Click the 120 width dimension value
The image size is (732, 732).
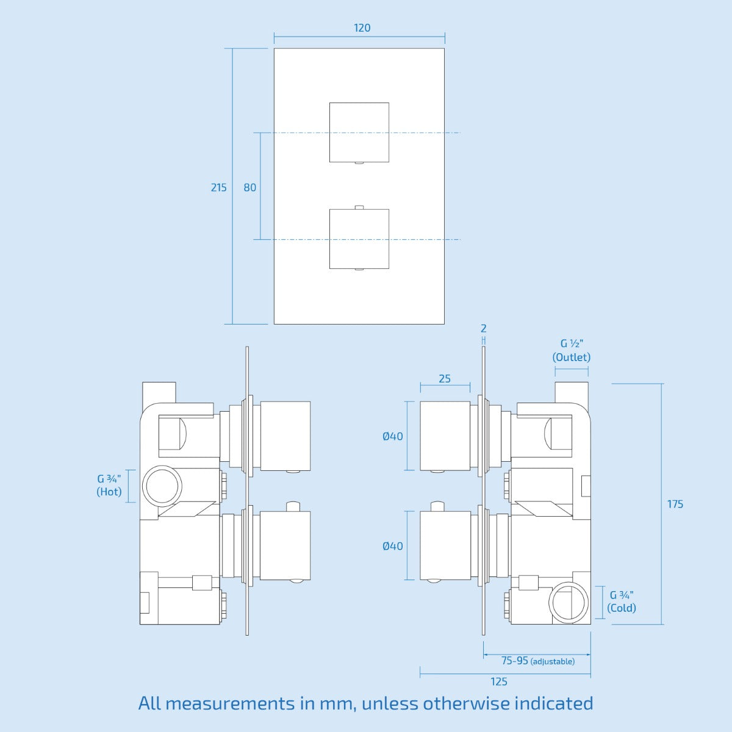(x=362, y=28)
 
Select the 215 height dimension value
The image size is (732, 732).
(x=218, y=187)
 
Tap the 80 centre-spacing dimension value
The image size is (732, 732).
(x=250, y=187)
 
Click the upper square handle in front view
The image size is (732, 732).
(x=359, y=132)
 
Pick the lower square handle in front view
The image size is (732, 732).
(x=359, y=239)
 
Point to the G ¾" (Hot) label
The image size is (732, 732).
(x=109, y=485)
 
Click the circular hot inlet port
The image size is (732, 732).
(x=162, y=486)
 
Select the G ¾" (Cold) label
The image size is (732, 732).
(x=622, y=601)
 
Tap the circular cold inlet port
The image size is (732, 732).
(x=570, y=602)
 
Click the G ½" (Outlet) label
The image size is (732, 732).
(x=572, y=351)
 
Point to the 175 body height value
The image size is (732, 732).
(x=675, y=504)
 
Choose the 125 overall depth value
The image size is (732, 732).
(x=499, y=681)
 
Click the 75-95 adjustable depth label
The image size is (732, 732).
(x=537, y=661)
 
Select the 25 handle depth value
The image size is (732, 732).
(x=445, y=379)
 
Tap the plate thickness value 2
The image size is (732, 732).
(x=484, y=329)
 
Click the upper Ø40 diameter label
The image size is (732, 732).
(x=393, y=436)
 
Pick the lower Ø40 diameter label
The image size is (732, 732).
(x=393, y=546)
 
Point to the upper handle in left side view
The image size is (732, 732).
(x=285, y=436)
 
